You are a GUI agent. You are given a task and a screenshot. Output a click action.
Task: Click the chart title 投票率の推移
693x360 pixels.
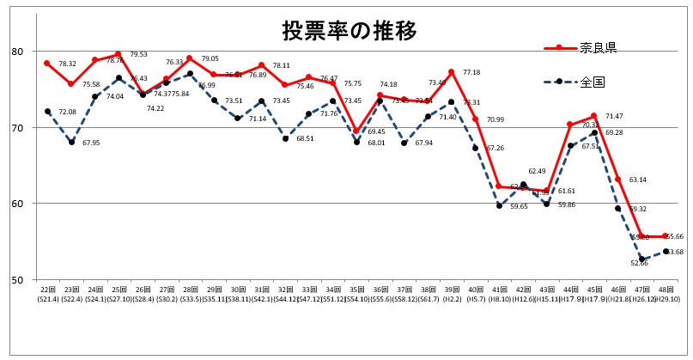[x=350, y=31]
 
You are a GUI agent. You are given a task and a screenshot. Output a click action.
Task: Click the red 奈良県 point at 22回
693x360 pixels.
[x=47, y=64]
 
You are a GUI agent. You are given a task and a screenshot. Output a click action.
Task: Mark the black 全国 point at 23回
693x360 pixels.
[x=71, y=143]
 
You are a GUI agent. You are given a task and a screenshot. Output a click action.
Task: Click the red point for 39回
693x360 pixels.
[x=451, y=72]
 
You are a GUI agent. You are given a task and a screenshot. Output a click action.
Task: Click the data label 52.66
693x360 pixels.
[x=637, y=263]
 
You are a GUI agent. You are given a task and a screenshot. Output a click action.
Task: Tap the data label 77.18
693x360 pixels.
[x=471, y=73]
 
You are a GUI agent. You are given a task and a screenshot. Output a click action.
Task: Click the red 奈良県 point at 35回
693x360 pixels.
[x=356, y=131]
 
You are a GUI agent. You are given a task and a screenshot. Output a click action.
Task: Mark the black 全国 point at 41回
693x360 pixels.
[x=499, y=206]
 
